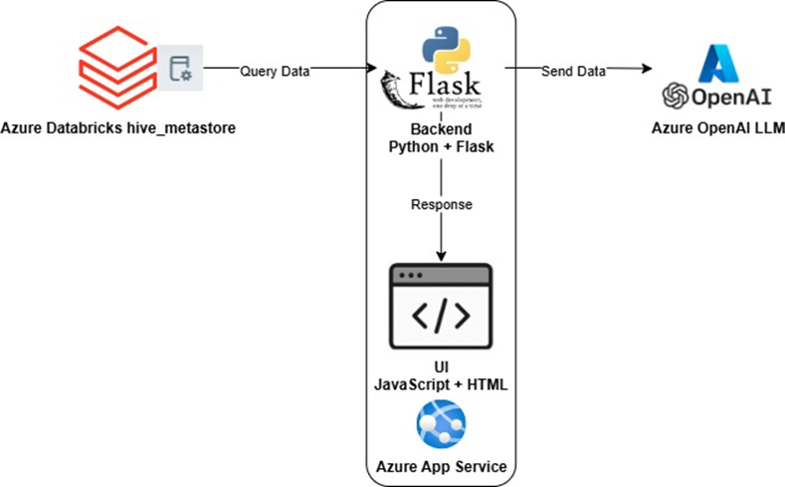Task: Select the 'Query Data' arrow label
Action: pos(275,71)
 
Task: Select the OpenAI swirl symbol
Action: pos(678,97)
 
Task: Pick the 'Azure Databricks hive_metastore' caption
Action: pos(118,127)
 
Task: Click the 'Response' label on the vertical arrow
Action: pos(440,204)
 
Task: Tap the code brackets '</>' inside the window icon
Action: pos(440,318)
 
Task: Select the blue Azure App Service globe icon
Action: pos(440,424)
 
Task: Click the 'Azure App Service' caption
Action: pos(440,466)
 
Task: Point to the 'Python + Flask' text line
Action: pos(440,146)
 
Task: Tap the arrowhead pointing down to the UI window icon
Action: pos(440,257)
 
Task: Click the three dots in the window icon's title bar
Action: pos(410,274)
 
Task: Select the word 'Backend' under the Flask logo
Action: pos(440,130)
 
